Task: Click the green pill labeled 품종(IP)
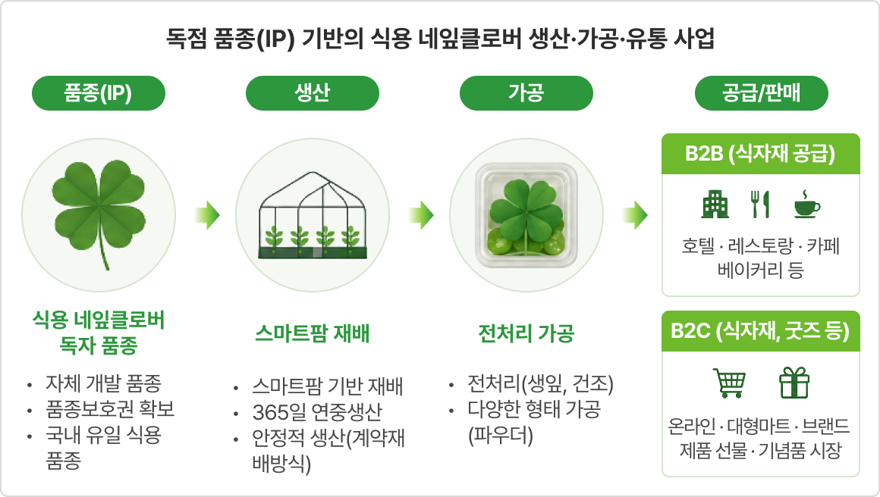tap(98, 93)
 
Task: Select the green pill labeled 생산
tap(312, 93)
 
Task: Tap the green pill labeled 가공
tap(526, 93)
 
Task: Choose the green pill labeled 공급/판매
tap(761, 93)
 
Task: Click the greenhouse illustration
tap(312, 216)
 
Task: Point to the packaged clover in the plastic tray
tap(526, 215)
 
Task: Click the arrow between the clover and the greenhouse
tap(207, 215)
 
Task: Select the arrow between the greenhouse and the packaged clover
tap(421, 215)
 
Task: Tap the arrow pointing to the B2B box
tap(635, 215)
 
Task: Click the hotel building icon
tap(715, 204)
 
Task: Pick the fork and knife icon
tap(760, 204)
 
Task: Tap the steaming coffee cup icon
tap(806, 203)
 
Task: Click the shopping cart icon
tap(729, 383)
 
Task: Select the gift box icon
tap(794, 383)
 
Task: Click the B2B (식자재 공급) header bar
tap(760, 154)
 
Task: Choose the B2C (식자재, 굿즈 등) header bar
tap(760, 331)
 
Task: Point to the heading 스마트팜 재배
tap(312, 333)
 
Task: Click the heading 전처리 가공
tap(526, 333)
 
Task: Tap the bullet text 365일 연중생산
tap(317, 412)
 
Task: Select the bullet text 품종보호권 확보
tap(110, 409)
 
